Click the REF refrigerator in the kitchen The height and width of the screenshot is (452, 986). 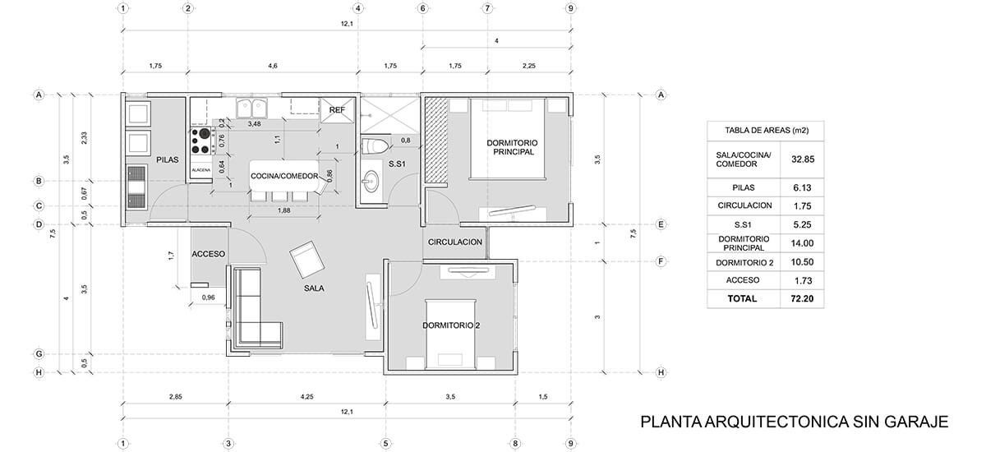[x=337, y=110]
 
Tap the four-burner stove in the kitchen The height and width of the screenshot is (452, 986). [x=200, y=141]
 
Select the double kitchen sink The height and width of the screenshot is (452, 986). [x=251, y=108]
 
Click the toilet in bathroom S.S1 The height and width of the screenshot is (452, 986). [x=375, y=145]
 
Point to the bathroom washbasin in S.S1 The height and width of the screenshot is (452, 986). [x=372, y=181]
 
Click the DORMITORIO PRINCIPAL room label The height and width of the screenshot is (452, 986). [x=512, y=147]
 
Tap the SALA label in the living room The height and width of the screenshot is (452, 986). [x=314, y=288]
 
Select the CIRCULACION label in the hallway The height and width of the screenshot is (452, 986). [x=455, y=242]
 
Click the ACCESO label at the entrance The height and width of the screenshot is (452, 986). [x=208, y=254]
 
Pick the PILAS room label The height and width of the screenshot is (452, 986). [x=168, y=159]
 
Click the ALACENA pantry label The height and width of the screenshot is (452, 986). [x=201, y=170]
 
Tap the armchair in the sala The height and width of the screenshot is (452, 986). [x=306, y=259]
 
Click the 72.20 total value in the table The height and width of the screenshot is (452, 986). [x=802, y=299]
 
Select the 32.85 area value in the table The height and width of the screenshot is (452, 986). [x=803, y=159]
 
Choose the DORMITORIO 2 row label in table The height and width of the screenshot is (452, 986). [x=744, y=263]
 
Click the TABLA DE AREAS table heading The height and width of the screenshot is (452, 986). [x=767, y=131]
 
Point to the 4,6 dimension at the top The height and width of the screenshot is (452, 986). [x=273, y=66]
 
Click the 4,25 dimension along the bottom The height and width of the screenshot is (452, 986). [x=306, y=397]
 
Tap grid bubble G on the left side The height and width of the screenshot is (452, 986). [x=39, y=354]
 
